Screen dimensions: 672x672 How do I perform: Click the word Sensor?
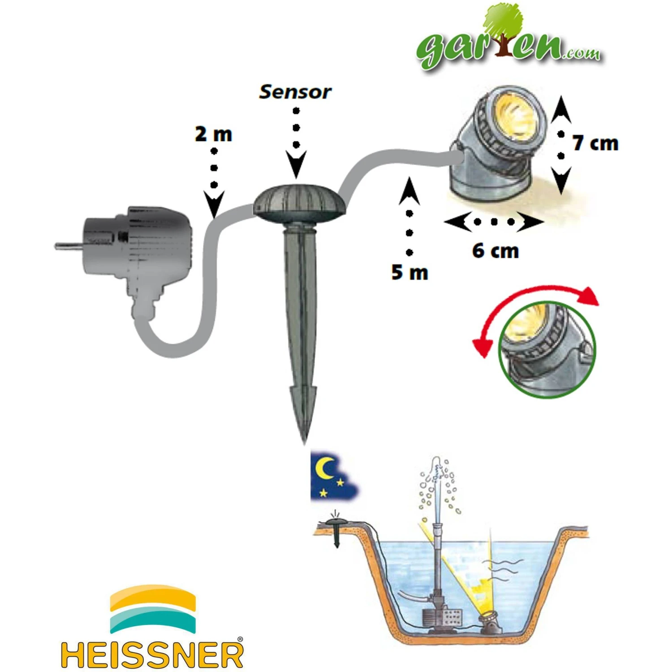click(295, 92)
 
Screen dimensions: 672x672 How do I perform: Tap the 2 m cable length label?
click(214, 134)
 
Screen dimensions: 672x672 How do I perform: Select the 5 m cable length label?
click(409, 272)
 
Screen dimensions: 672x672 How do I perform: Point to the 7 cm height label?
click(595, 143)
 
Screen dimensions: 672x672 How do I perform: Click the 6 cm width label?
click(495, 251)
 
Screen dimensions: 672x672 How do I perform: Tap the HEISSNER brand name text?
click(152, 655)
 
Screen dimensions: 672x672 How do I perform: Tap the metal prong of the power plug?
click(70, 246)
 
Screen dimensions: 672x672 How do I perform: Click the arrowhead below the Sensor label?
click(296, 165)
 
